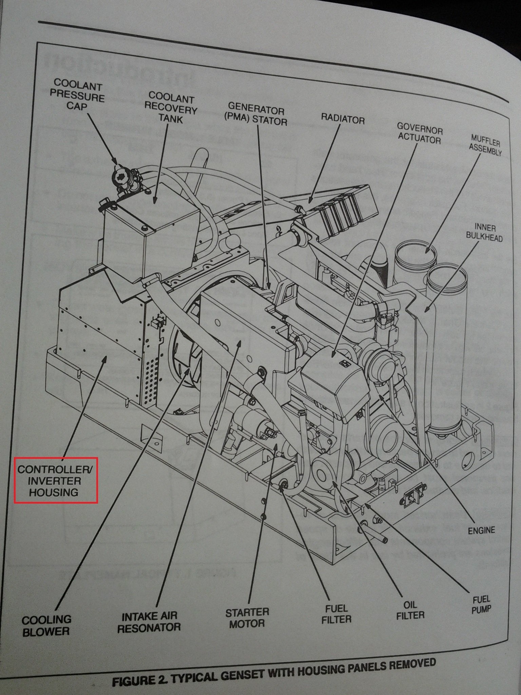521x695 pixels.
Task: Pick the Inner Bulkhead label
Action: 484,233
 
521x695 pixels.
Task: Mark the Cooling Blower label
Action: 46,625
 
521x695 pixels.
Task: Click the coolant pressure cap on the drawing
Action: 121,175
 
